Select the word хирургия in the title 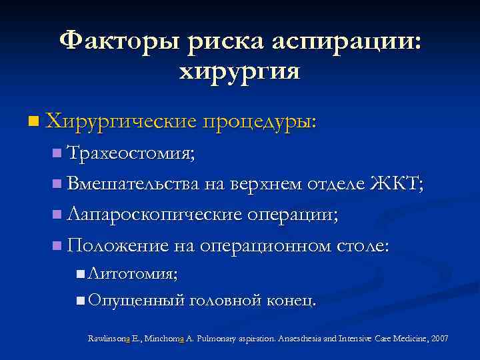[239, 71]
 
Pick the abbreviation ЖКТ [396, 184]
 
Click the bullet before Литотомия [80, 273]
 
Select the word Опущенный [135, 300]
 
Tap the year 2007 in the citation [439, 339]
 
